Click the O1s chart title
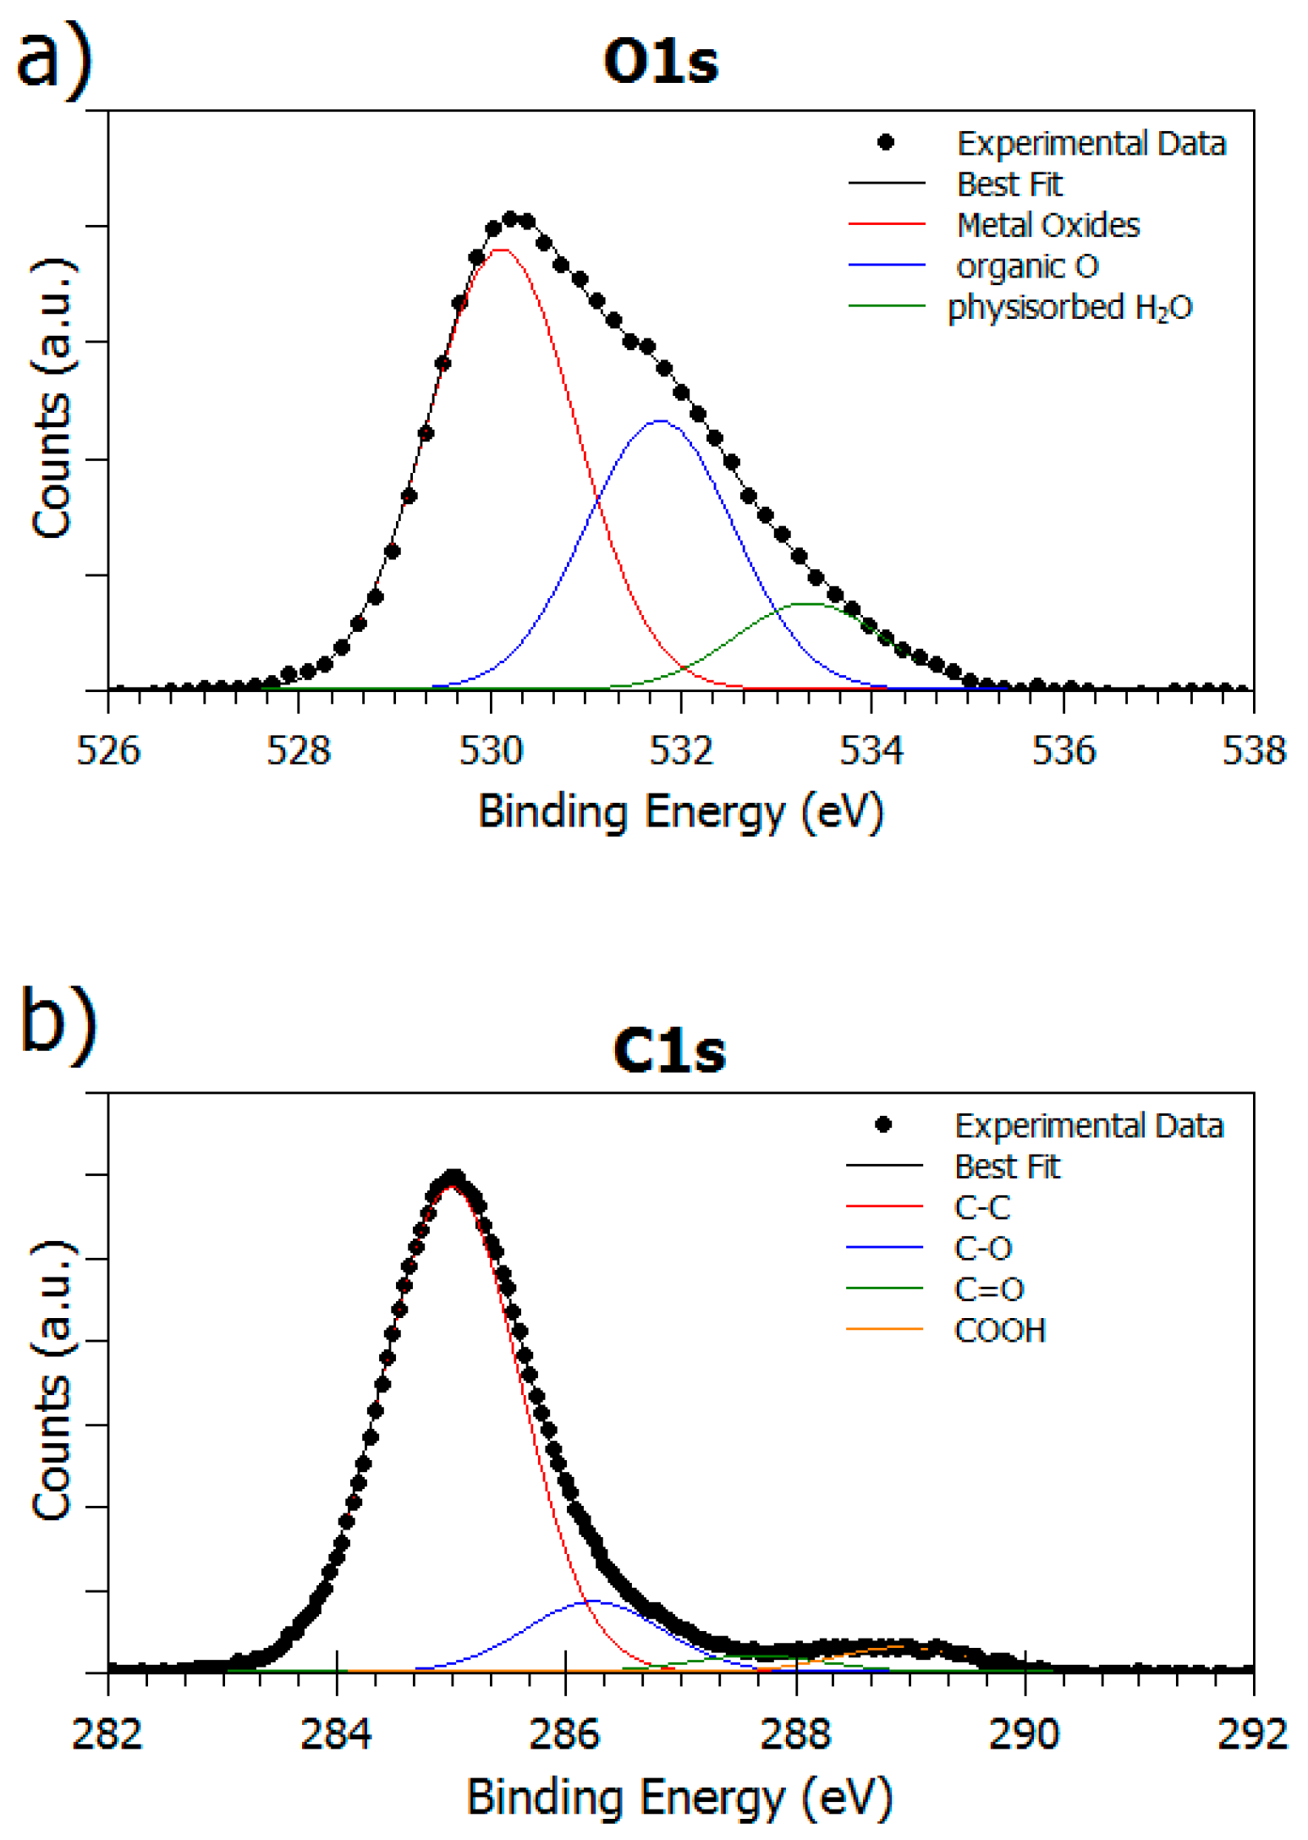[x=661, y=61]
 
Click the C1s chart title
[x=668, y=1051]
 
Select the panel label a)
[x=52, y=58]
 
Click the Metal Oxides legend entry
[x=1047, y=225]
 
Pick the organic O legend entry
[x=1027, y=266]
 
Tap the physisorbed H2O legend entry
[x=1069, y=307]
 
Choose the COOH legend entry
[x=999, y=1331]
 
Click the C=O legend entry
[x=988, y=1289]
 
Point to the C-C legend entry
[x=981, y=1207]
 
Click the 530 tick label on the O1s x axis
[x=490, y=750]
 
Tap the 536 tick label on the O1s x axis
[x=1063, y=750]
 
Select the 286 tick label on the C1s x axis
[x=564, y=1734]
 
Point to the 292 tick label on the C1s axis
[x=1252, y=1734]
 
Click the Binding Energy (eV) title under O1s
[x=680, y=812]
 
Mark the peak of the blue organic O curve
[x=659, y=420]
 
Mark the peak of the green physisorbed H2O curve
[x=808, y=604]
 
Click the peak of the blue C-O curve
[x=591, y=1601]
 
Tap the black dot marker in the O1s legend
[x=885, y=142]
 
